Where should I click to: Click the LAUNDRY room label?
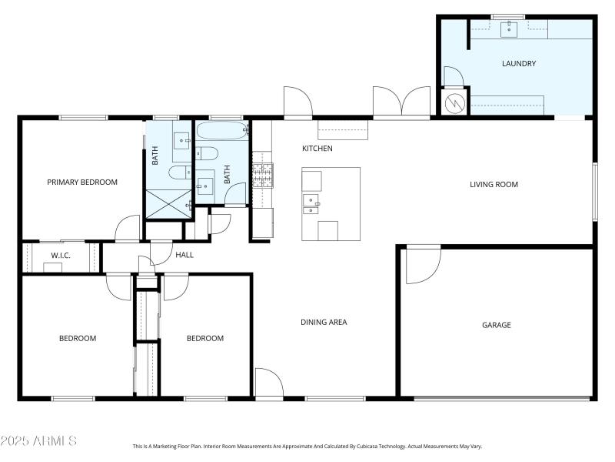point(518,64)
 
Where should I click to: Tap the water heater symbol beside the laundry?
point(454,101)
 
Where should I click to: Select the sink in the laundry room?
point(509,30)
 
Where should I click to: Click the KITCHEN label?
point(317,148)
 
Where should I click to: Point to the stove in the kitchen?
point(262,176)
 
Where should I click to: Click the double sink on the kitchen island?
point(311,204)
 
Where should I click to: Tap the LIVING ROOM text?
point(494,184)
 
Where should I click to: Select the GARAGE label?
point(496,325)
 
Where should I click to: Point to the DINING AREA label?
point(323,322)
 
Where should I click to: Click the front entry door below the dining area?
point(268,383)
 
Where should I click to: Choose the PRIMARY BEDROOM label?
point(82,182)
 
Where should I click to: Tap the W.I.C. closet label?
point(61,255)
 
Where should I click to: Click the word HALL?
point(184,255)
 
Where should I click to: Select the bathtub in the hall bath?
point(222,130)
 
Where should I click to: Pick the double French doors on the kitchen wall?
point(401,102)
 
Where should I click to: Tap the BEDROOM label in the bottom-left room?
point(78,338)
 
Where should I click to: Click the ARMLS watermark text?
point(38,441)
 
